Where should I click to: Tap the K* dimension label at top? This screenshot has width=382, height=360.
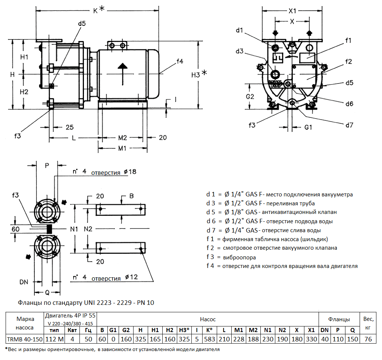98,10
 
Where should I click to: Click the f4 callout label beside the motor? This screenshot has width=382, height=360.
180,61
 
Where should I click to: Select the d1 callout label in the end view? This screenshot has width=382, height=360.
239,30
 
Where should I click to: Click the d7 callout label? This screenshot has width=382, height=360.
349,125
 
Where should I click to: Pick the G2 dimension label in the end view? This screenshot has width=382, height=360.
250,97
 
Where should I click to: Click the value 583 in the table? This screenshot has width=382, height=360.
210,339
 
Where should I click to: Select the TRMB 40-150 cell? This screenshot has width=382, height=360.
25,339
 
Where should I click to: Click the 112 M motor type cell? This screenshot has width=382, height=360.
54,339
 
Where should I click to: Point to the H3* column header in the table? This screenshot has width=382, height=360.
184,330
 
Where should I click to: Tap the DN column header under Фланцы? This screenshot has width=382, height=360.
325,330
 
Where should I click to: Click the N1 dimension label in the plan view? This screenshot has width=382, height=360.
74,228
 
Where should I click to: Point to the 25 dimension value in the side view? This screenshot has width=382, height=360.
70,127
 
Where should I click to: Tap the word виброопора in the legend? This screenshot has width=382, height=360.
239,257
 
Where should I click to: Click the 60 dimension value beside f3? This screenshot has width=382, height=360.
15,229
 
